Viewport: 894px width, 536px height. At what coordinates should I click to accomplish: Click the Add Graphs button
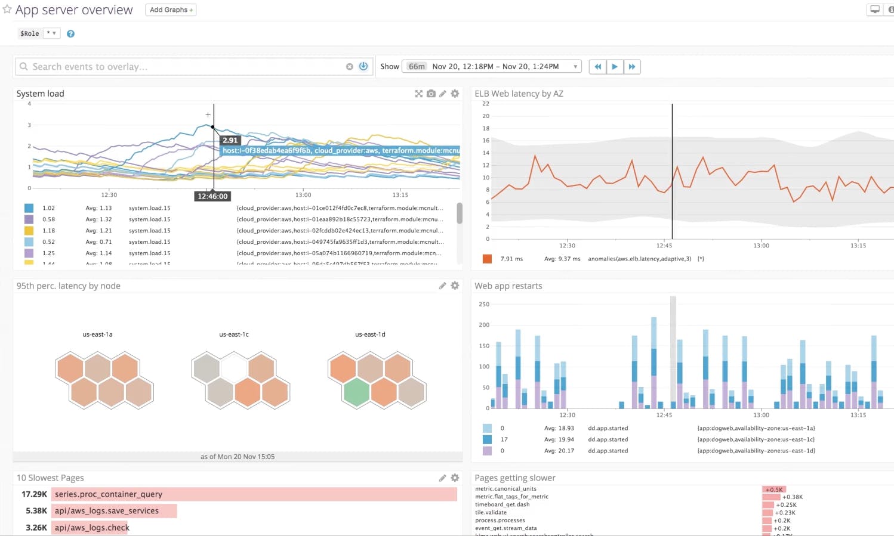pos(171,10)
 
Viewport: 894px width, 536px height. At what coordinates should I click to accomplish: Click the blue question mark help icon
pos(70,34)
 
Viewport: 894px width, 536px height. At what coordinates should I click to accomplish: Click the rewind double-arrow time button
pos(597,67)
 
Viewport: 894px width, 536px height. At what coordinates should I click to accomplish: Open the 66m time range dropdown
pos(492,67)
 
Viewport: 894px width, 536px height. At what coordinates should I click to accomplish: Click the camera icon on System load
pos(431,94)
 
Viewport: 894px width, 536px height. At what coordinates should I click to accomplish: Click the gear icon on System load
pos(455,94)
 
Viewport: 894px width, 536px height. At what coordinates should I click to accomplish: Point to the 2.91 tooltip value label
pos(230,140)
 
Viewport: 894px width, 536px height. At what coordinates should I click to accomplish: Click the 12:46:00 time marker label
pos(212,196)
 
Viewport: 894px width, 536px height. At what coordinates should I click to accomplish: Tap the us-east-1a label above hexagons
pos(97,334)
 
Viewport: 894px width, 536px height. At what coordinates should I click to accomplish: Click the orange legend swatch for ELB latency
pos(487,259)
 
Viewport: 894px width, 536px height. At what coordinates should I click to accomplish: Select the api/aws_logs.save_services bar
pos(114,511)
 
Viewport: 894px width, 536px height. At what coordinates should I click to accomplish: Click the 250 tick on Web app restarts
pos(484,304)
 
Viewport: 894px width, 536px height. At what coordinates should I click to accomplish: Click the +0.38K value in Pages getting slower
pos(793,497)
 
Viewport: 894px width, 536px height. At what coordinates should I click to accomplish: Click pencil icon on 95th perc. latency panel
pos(442,286)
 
